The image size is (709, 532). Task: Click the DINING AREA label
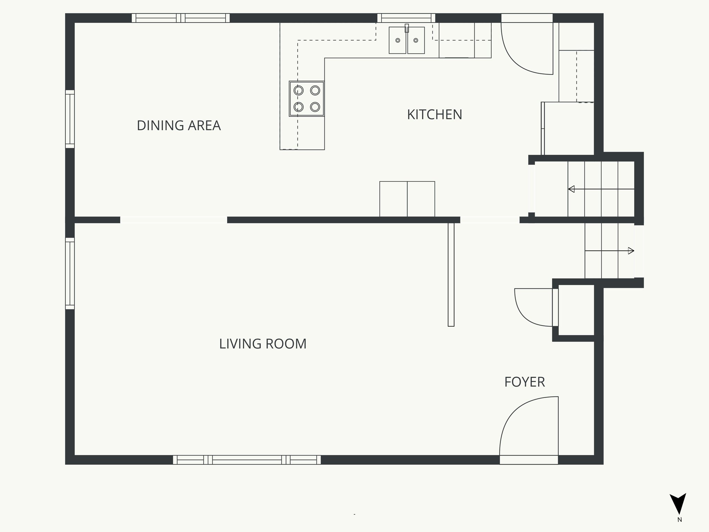coord(179,125)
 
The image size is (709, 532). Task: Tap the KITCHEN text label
coord(434,115)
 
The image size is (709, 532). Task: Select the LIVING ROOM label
coord(263,344)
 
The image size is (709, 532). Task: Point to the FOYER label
coord(524,382)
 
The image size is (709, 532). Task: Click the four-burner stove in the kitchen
coord(307,99)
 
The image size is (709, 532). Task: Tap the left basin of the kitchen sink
coord(397,41)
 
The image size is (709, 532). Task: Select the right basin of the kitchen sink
coord(416,41)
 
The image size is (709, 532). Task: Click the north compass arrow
coord(677,504)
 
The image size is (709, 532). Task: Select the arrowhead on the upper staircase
coord(572,189)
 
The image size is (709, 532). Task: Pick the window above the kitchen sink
coord(406,18)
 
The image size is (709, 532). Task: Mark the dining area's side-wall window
coord(70,119)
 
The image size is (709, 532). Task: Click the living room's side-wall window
coord(70,273)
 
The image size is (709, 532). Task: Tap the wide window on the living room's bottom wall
coord(247,460)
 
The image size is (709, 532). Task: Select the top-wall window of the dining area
coord(181,18)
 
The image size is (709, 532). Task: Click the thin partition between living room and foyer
coord(451,275)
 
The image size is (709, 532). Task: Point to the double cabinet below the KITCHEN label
coord(407,199)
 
